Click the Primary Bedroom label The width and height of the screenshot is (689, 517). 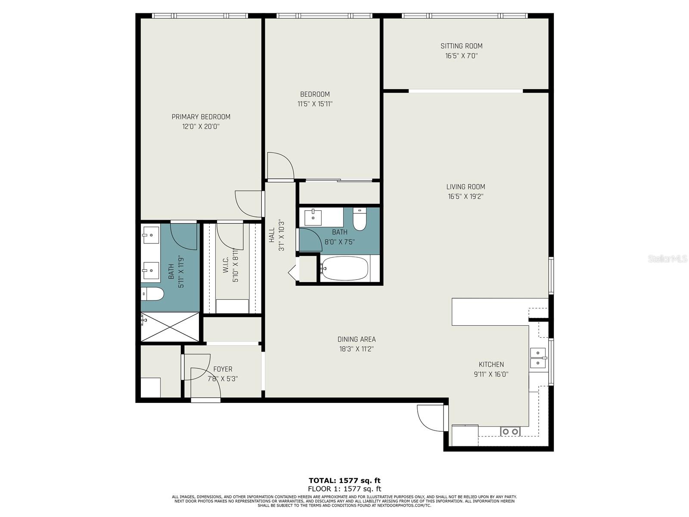pyautogui.click(x=201, y=117)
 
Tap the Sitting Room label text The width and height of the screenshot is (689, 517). pyautogui.click(x=462, y=46)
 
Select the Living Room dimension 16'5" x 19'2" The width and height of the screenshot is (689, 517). pyautogui.click(x=466, y=196)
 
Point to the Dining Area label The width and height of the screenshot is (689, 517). pyautogui.click(x=357, y=339)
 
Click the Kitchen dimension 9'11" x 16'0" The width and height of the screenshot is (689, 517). pyautogui.click(x=491, y=374)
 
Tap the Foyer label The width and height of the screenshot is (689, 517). pyautogui.click(x=223, y=369)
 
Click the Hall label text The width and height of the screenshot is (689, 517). pyautogui.click(x=272, y=235)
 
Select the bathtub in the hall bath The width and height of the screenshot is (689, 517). pyautogui.click(x=344, y=269)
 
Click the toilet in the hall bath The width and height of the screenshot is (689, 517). pyautogui.click(x=360, y=219)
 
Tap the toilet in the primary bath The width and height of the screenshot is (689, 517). pyautogui.click(x=152, y=294)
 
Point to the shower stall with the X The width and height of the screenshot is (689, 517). pyautogui.click(x=170, y=327)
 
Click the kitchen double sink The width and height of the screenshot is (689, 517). pyautogui.click(x=538, y=358)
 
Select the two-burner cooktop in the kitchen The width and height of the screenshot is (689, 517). pyautogui.click(x=510, y=432)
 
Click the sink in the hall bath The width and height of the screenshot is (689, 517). pyautogui.click(x=313, y=218)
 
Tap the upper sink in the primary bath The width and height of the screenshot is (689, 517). pyautogui.click(x=151, y=235)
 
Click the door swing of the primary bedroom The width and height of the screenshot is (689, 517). pyautogui.click(x=248, y=204)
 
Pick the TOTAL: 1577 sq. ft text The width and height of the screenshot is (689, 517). pyautogui.click(x=344, y=480)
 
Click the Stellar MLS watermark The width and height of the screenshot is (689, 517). pyautogui.click(x=667, y=259)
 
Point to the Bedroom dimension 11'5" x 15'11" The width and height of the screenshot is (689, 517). pyautogui.click(x=315, y=104)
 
